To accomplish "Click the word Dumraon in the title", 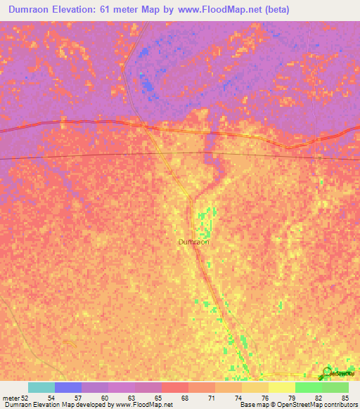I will pyautogui.click(x=34, y=10).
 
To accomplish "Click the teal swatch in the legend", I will pyautogui.click(x=41, y=387).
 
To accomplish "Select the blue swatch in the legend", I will pyautogui.click(x=68, y=387).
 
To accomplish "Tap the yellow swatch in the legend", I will pyautogui.click(x=282, y=387).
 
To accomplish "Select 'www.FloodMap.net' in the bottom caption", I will pyautogui.click(x=145, y=405).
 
